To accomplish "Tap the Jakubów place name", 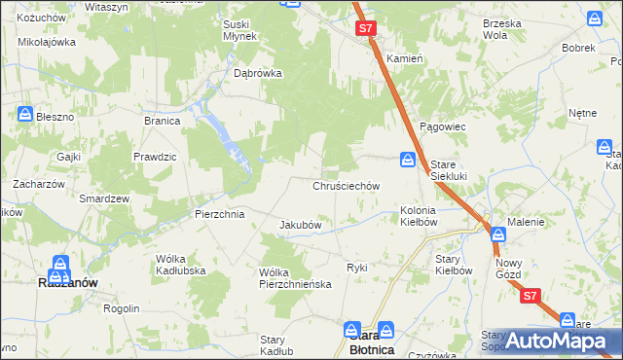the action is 301,225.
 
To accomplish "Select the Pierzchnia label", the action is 219,213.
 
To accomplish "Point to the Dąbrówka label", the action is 258,72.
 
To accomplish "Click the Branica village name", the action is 163,121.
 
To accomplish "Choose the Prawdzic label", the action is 155,156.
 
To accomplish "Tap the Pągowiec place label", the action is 444,127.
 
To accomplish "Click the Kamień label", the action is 405,58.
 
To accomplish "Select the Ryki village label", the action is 356,267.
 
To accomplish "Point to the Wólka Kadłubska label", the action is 178,265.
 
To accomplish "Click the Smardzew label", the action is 105,198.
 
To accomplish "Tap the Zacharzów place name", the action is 38,183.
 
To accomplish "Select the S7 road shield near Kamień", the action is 365,30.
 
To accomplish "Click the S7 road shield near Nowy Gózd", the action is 530,296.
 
